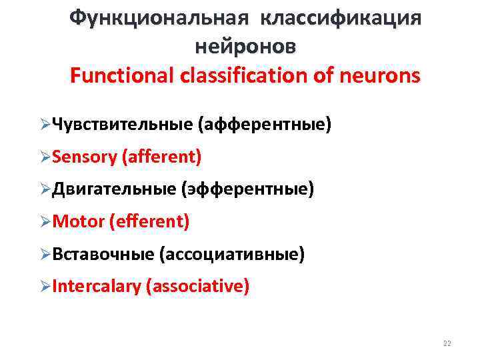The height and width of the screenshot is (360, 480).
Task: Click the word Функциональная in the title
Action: pos(159,17)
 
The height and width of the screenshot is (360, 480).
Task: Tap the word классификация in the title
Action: pos(341,17)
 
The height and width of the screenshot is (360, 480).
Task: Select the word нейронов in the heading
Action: pos(245,47)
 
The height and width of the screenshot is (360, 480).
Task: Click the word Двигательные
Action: pos(113,189)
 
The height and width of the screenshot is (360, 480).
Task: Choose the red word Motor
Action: pos(77,221)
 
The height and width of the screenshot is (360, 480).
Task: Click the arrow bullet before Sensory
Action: pos(45,158)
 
